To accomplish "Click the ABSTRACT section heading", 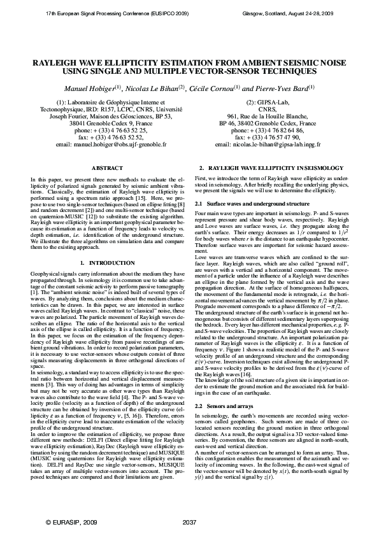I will pyautogui.click(x=103, y=167).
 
